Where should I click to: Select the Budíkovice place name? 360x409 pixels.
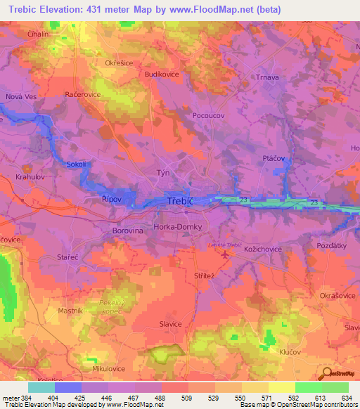(x=162, y=73)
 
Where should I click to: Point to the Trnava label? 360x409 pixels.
(x=266, y=77)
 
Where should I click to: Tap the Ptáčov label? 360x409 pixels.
(x=274, y=159)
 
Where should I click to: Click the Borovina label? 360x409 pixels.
(x=127, y=230)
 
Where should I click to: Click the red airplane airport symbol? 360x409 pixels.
(x=224, y=254)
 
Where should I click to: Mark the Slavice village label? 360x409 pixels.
(x=171, y=324)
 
